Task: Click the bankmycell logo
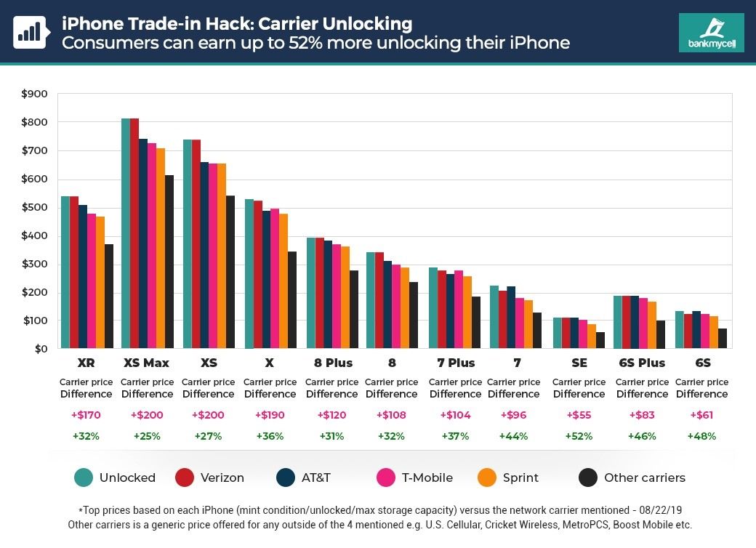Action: tap(711, 33)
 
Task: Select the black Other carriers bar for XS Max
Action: tap(169, 262)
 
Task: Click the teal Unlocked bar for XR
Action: tap(65, 273)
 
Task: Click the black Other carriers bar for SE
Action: tap(600, 340)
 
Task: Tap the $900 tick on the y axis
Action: tap(34, 94)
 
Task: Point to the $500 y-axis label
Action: tap(34, 208)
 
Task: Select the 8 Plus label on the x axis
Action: tap(333, 363)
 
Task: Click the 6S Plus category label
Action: tap(642, 363)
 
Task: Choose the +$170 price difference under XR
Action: tap(86, 415)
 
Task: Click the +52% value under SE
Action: tap(579, 436)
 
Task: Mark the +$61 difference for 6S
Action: tap(701, 415)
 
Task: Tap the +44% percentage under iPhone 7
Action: tap(513, 436)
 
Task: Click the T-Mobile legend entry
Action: tap(427, 478)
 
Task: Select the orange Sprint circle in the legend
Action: tap(486, 478)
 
